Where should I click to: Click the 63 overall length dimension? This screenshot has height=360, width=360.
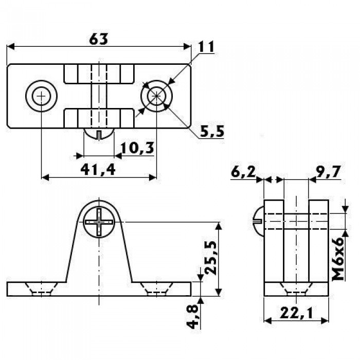click(x=99, y=40)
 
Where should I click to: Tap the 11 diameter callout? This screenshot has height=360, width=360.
click(x=206, y=47)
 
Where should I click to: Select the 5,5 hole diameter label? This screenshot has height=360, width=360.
click(x=212, y=131)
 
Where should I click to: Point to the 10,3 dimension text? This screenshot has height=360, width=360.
click(x=137, y=148)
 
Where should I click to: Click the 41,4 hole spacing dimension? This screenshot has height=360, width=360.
click(x=98, y=170)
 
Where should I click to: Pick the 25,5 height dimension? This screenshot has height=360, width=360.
click(x=210, y=258)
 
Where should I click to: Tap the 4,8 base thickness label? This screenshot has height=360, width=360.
click(x=192, y=317)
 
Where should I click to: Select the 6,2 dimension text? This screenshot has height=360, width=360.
click(x=243, y=172)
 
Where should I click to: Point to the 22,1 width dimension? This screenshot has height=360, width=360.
click(x=296, y=313)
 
